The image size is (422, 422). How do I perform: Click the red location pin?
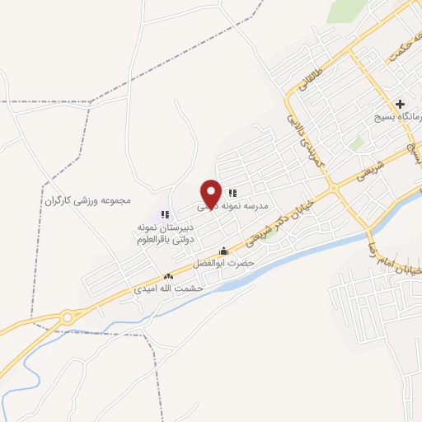tap(212, 194)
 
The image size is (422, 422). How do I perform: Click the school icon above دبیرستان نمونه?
tap(165, 214)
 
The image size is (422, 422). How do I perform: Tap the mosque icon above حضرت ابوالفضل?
tap(223, 251)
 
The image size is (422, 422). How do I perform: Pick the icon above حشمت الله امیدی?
tap(168, 278)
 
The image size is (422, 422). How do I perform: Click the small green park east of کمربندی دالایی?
tap(356, 143)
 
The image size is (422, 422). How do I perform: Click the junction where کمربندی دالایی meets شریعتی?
tap(335, 189)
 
